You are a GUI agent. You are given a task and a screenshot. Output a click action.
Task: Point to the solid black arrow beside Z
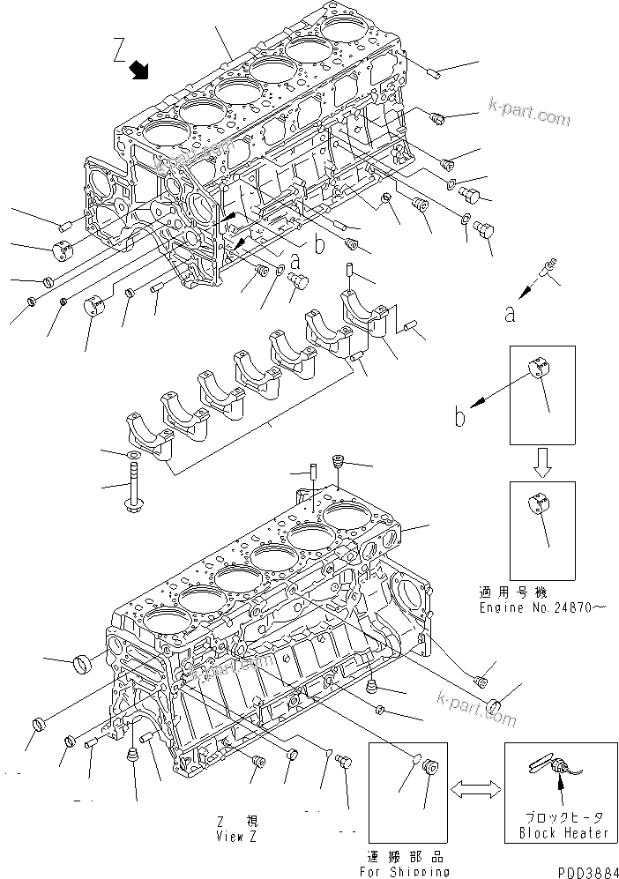coord(138,70)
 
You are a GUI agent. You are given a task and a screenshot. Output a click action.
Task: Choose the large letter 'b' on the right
coord(459,416)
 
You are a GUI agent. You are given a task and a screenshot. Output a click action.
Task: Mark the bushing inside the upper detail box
coord(539,372)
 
